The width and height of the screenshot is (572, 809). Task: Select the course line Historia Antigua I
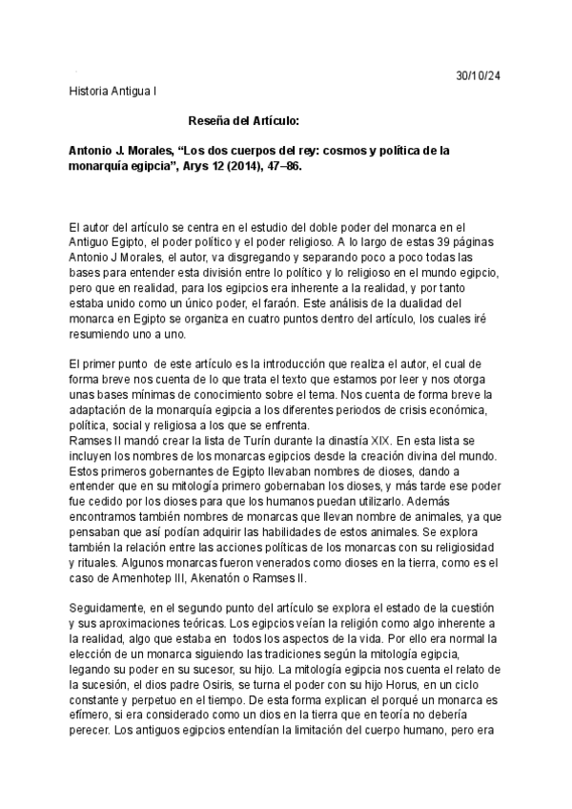(x=115, y=92)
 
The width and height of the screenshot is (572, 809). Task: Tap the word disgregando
(x=273, y=258)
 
